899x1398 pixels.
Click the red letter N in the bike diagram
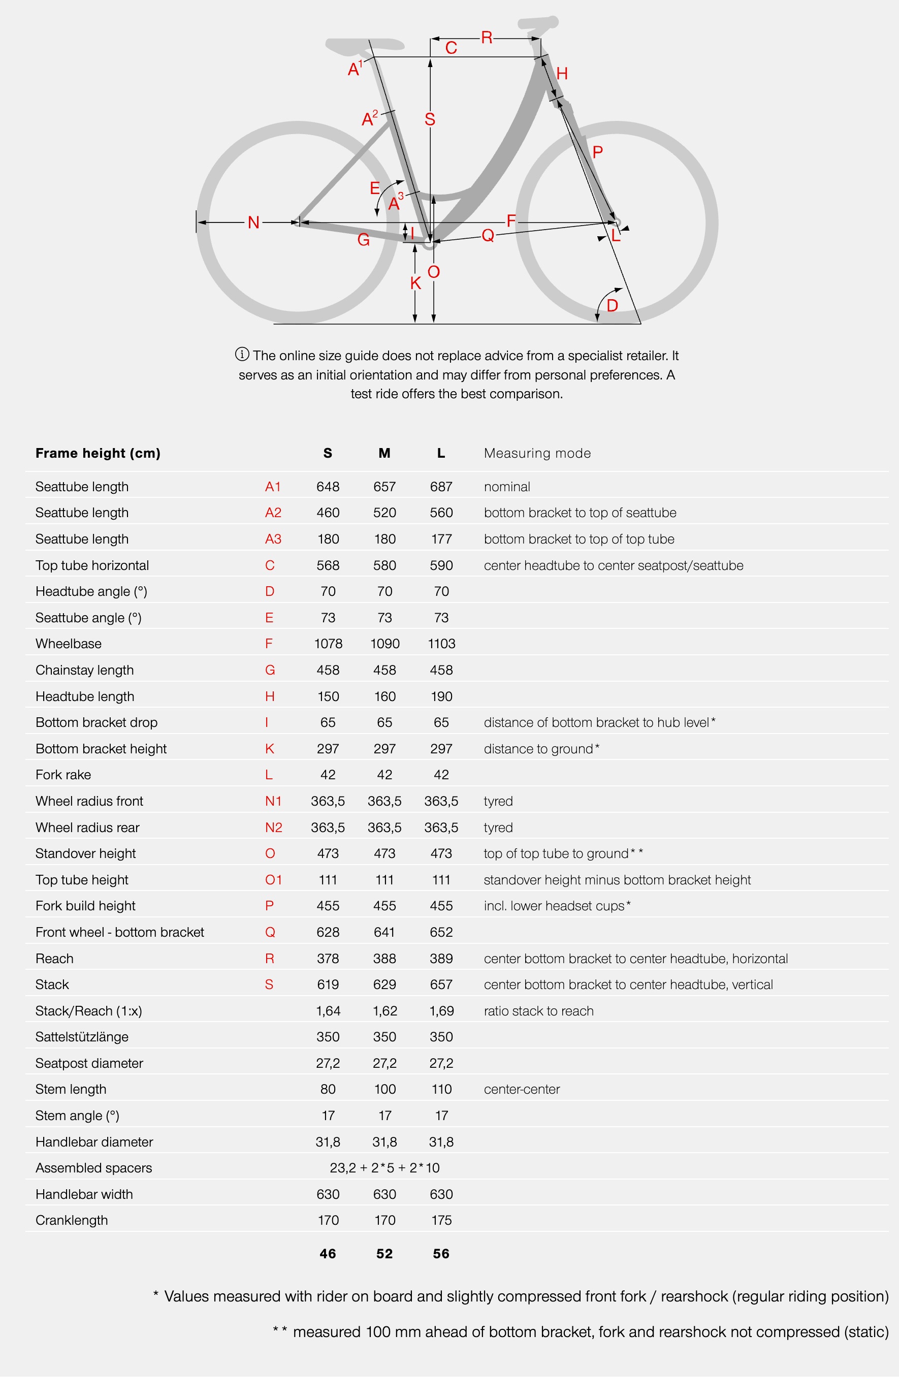[x=253, y=223]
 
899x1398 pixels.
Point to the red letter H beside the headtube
[x=562, y=74]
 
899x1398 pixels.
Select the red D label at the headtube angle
[x=612, y=305]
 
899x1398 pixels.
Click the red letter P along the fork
[x=597, y=152]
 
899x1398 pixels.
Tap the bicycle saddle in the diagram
[x=365, y=45]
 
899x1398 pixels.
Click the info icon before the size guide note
[x=242, y=354]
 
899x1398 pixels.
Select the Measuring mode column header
[x=537, y=453]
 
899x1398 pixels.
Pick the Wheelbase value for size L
[x=441, y=643]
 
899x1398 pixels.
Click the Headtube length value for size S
[x=328, y=696]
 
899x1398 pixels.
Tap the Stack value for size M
[x=384, y=984]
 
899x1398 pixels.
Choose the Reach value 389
[x=441, y=959]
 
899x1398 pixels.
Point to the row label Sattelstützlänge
[x=82, y=1037]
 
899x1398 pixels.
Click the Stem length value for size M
[x=384, y=1089]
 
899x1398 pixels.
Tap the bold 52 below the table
[x=384, y=1254]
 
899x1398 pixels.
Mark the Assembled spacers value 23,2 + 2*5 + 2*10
[x=384, y=1167]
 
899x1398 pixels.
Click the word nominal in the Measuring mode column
[x=507, y=487]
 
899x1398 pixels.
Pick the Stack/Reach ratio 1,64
[x=328, y=1011]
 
